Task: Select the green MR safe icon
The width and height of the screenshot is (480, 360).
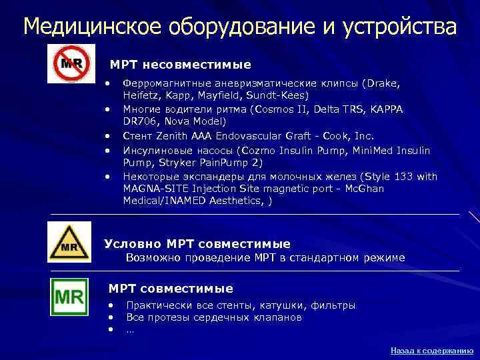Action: click(70, 297)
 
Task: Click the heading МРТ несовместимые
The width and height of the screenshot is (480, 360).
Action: click(180, 65)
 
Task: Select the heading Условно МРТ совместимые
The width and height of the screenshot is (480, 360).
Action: click(197, 244)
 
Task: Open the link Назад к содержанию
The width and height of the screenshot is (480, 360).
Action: click(432, 349)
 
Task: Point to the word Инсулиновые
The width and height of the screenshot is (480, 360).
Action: click(155, 151)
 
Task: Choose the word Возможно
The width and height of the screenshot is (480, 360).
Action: click(151, 257)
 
